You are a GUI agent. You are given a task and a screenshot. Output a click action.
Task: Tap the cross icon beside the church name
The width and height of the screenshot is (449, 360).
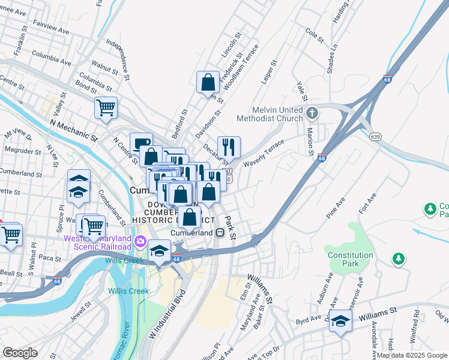pyautogui.click(x=312, y=112)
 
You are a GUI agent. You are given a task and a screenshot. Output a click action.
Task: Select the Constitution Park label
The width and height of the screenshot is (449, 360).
pyautogui.click(x=351, y=259)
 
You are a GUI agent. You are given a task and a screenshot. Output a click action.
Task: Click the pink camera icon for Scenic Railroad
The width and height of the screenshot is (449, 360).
pyautogui.click(x=140, y=242)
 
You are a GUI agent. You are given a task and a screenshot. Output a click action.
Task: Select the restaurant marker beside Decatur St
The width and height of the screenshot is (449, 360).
pyautogui.click(x=229, y=146)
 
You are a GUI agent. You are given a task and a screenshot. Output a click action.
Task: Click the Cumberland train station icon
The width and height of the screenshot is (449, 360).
pyautogui.click(x=220, y=232)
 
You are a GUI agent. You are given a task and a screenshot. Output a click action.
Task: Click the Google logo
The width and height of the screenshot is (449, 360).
pyautogui.click(x=20, y=353)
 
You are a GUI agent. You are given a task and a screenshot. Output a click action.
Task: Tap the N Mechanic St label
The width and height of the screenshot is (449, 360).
pyautogui.click(x=74, y=130)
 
